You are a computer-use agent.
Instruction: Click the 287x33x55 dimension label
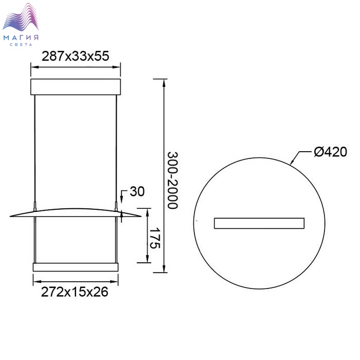75,56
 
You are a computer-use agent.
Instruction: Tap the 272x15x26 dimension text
75,292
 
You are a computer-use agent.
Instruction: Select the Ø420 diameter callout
331,152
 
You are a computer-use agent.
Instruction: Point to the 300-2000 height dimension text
173,180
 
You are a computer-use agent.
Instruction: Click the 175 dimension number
154,238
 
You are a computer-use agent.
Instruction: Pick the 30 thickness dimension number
137,191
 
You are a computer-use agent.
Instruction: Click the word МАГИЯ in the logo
21,38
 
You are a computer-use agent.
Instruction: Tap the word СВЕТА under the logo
21,45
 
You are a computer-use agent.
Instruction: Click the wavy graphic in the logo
21,17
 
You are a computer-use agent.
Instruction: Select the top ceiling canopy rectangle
76,87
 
